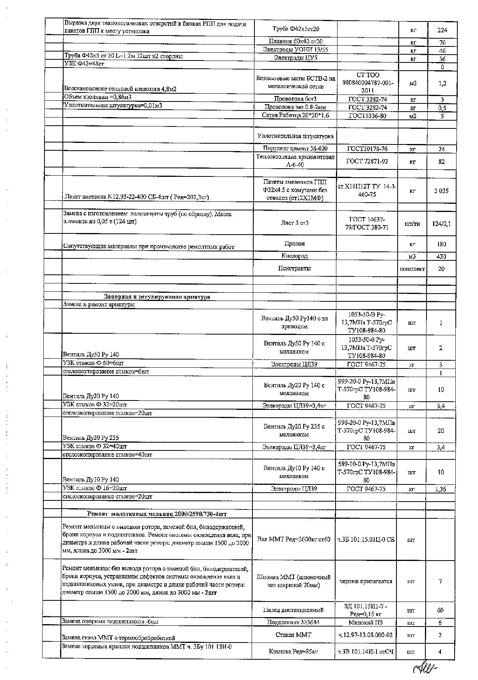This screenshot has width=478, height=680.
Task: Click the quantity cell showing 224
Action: [x=442, y=30]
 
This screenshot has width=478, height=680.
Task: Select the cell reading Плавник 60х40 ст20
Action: [x=296, y=41]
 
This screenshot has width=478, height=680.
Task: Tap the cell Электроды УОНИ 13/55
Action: [x=296, y=50]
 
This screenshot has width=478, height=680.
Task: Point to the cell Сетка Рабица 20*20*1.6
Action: [x=296, y=116]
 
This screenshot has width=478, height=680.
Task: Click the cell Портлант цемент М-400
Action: [x=296, y=148]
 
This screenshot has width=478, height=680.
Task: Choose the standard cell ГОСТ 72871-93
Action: [x=367, y=161]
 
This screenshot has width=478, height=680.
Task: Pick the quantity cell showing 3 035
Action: [x=441, y=191]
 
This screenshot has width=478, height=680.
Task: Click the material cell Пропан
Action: [x=295, y=244]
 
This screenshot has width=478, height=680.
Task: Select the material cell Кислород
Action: [x=295, y=256]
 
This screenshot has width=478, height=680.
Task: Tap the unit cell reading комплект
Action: [x=412, y=269]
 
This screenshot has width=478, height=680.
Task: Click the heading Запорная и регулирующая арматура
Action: [x=157, y=297]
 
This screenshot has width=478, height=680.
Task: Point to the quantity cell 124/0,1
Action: [x=441, y=224]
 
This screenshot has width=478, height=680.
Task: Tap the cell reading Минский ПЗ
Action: [x=365, y=622]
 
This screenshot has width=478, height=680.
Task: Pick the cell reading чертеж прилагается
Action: [x=366, y=581]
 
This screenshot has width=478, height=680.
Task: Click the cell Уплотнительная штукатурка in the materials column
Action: [x=295, y=136]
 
